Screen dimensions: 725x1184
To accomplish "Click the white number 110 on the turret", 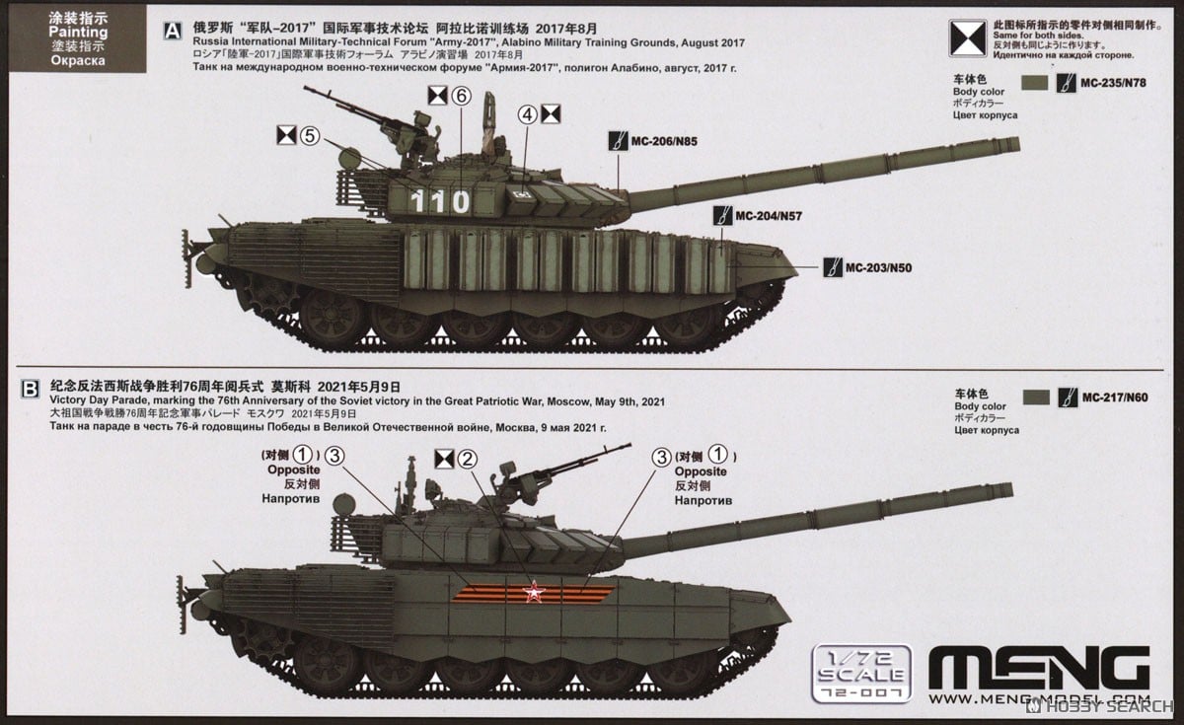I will click(441, 201).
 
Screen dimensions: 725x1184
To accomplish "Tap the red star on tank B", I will click(533, 594).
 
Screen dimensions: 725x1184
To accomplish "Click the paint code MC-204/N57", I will click(769, 215).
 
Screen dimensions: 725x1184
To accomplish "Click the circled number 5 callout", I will click(310, 137).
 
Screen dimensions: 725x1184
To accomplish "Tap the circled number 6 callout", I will click(462, 96).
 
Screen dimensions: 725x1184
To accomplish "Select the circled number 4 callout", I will click(528, 114).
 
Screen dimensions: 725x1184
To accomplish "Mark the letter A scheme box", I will click(173, 31).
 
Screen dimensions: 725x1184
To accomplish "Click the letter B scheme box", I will click(31, 389).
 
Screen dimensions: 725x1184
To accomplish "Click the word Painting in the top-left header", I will click(76, 33).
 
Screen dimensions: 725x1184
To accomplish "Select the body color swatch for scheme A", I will click(1035, 84).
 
